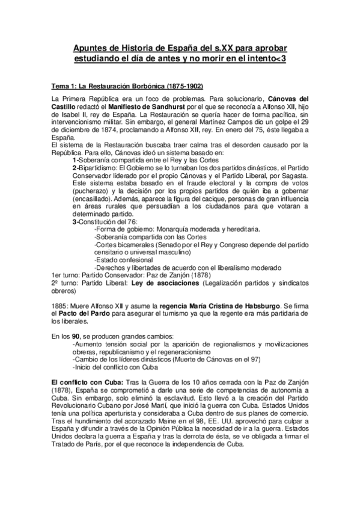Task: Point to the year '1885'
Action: pyautogui.click(x=61, y=306)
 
